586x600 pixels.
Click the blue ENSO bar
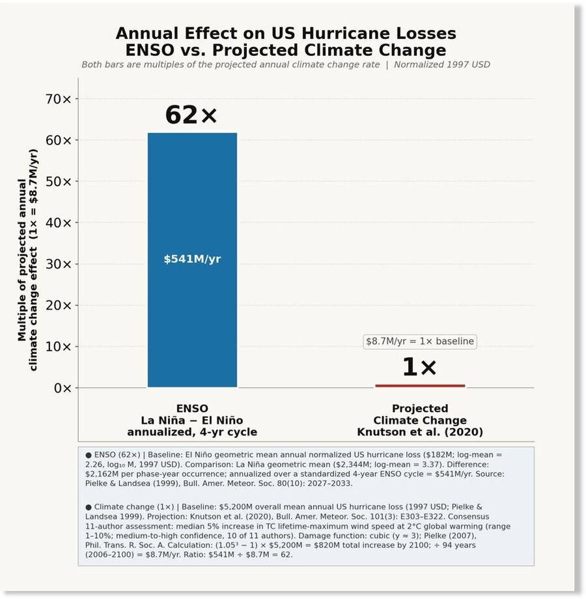coord(192,260)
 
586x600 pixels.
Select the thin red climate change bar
coord(420,386)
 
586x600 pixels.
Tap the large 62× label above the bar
coord(191,115)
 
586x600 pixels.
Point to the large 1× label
coord(419,367)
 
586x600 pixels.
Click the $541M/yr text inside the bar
coord(192,259)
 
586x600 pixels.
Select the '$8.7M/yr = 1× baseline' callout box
coord(420,341)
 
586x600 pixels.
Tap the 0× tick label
coord(63,388)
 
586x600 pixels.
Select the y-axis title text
coord(27,260)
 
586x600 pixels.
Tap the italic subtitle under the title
coord(286,64)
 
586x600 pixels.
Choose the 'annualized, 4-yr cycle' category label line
coord(192,432)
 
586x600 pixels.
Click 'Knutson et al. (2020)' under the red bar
coord(420,432)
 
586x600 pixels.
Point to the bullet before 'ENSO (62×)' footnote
coord(89,455)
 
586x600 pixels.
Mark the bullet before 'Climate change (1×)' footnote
coord(89,507)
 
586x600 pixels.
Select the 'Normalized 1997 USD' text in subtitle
coord(442,64)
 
